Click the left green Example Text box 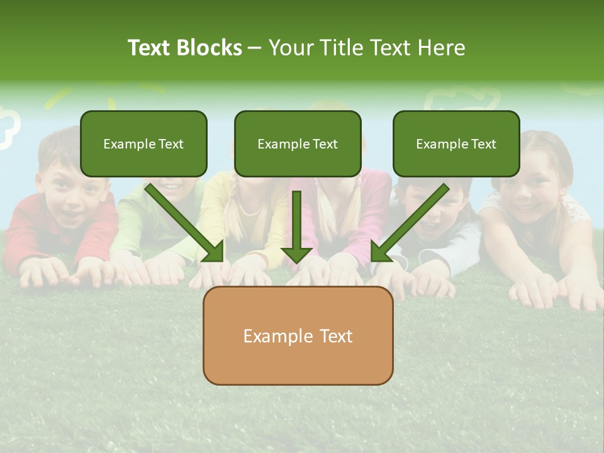coord(143,143)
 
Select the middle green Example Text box coord(298,143)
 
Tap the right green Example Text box coord(456,143)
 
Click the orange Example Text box coord(298,335)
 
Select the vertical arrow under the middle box coord(296,226)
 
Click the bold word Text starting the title coord(150,48)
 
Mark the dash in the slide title coord(255,48)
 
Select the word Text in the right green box coord(483,143)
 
